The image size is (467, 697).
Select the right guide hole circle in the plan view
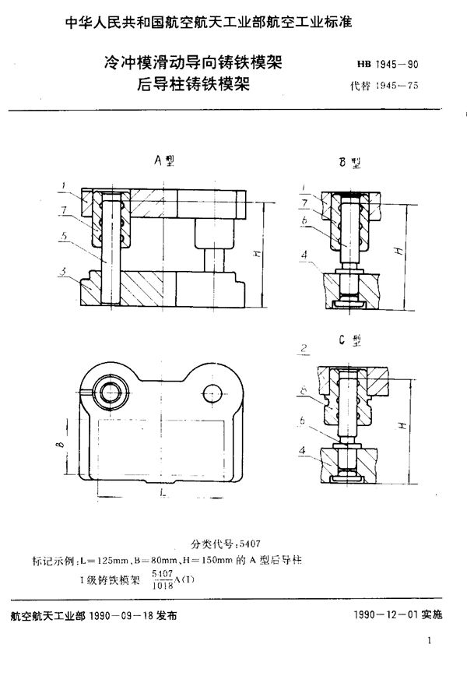tap(212, 392)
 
